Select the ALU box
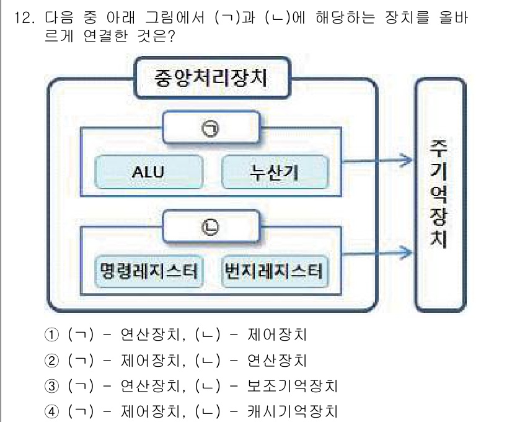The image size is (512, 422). (149, 172)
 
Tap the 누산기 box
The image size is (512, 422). (275, 172)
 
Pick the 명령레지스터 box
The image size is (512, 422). (149, 271)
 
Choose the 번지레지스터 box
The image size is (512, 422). (275, 271)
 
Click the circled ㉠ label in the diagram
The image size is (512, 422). (210, 128)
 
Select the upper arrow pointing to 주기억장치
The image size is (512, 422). (378, 161)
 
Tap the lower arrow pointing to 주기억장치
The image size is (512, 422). (378, 252)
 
